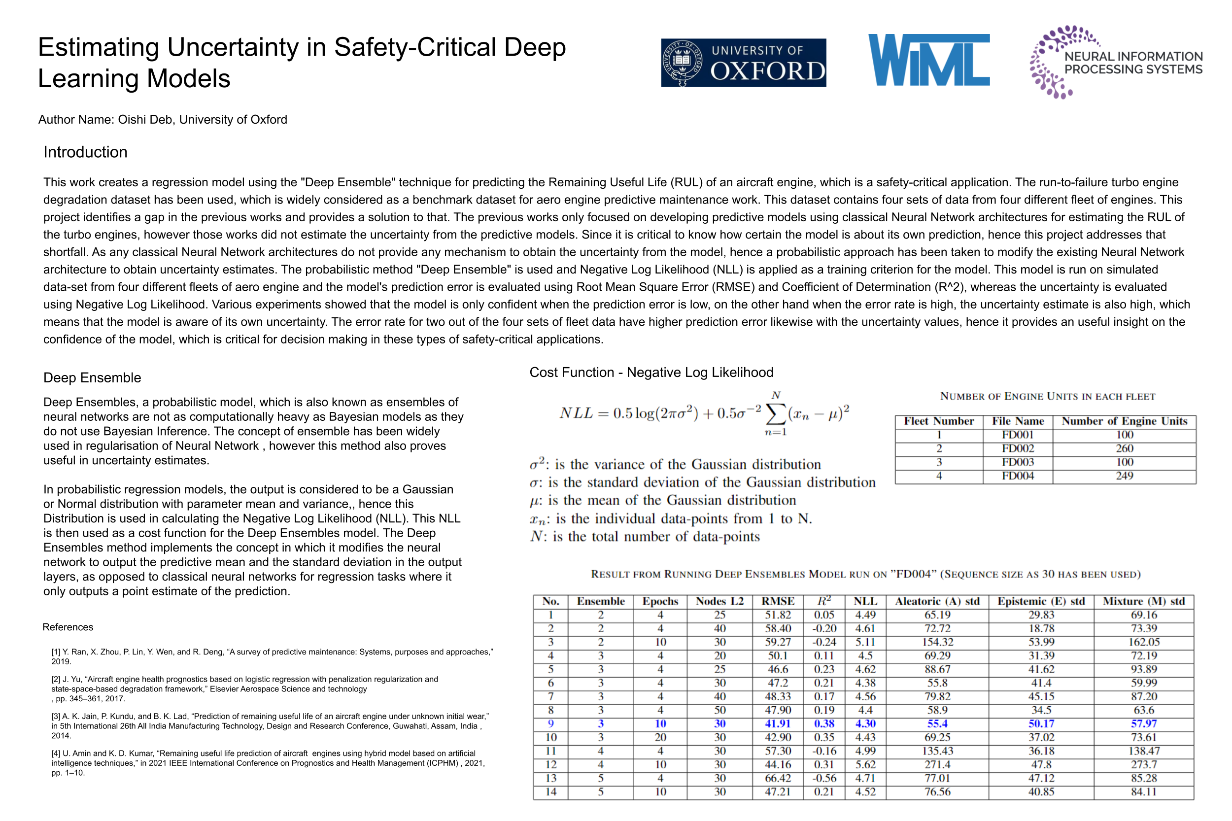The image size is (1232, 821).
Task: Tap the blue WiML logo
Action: [928, 60]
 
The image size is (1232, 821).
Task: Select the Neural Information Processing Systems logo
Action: [1115, 62]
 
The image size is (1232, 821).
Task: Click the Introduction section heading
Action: [85, 152]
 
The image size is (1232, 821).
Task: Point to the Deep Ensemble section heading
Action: [92, 377]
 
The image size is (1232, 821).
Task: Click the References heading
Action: [68, 627]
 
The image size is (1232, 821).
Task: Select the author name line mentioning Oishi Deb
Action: [163, 119]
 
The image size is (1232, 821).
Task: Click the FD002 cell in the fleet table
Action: [1017, 448]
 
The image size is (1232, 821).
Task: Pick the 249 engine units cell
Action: [1124, 476]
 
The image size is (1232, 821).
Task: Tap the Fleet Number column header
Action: [938, 421]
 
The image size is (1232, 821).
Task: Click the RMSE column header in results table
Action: [778, 601]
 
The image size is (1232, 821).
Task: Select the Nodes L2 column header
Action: [719, 601]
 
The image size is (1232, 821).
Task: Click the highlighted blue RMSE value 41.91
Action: [778, 723]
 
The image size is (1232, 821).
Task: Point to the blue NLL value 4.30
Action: [865, 723]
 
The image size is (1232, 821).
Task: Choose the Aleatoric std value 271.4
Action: [937, 764]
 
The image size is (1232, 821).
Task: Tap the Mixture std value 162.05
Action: [1143, 642]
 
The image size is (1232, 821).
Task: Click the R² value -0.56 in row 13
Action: [824, 778]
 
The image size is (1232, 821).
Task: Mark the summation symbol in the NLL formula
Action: [776, 414]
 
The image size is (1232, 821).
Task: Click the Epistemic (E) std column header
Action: [1040, 601]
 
